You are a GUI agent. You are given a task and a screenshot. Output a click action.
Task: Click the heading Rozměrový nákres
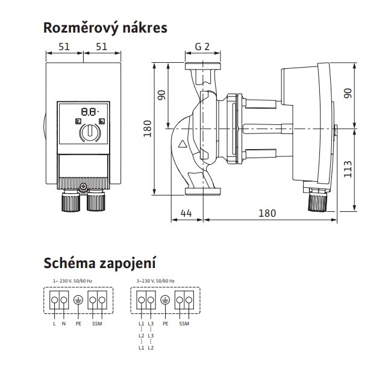105,28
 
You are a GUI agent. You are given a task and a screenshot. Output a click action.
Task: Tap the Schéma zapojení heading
99,263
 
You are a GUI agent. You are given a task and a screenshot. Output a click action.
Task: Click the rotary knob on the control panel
89,132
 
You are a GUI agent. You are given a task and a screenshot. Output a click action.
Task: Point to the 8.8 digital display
89,112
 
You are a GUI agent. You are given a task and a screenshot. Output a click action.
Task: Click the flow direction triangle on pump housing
182,145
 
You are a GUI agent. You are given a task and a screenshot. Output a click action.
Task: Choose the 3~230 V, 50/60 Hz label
156,281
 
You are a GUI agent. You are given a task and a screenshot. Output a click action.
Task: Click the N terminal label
64,324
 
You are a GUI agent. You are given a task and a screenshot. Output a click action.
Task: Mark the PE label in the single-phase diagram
78,324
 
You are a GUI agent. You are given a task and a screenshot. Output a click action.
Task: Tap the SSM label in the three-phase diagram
184,324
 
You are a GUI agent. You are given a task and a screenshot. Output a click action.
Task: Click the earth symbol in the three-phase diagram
166,300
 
